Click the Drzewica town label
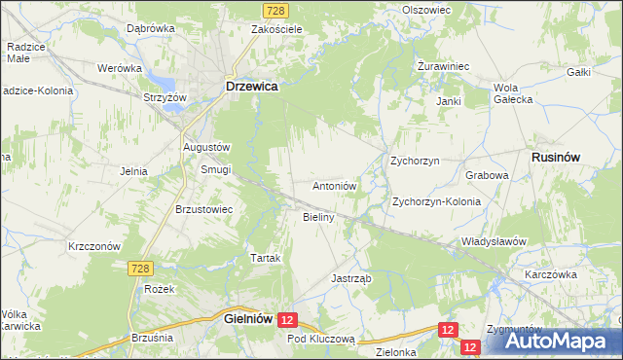pyautogui.click(x=252, y=86)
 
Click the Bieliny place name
pyautogui.click(x=319, y=217)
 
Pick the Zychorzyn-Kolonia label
pyautogui.click(x=436, y=201)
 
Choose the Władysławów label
pyautogui.click(x=494, y=240)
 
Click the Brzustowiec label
pyautogui.click(x=203, y=208)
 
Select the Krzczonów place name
pyautogui.click(x=93, y=246)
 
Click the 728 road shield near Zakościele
pyautogui.click(x=275, y=9)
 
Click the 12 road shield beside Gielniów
pyautogui.click(x=287, y=318)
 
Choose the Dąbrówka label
pyautogui.click(x=150, y=28)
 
